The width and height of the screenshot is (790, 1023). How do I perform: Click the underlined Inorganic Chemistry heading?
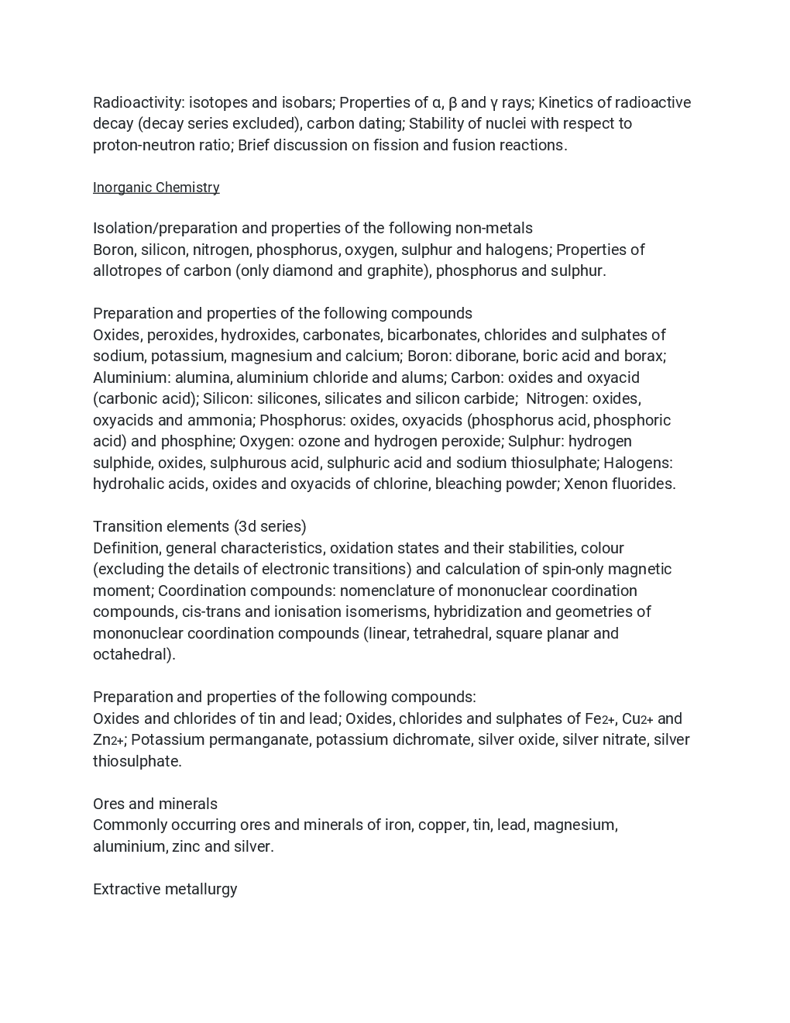click(x=156, y=188)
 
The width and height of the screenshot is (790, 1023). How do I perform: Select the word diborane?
click(x=487, y=356)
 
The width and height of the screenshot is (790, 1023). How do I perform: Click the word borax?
click(x=644, y=356)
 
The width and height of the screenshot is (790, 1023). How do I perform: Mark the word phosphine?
click(x=197, y=442)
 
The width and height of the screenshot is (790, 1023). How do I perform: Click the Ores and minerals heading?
click(x=155, y=804)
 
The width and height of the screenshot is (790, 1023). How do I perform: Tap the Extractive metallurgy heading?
click(x=165, y=890)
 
